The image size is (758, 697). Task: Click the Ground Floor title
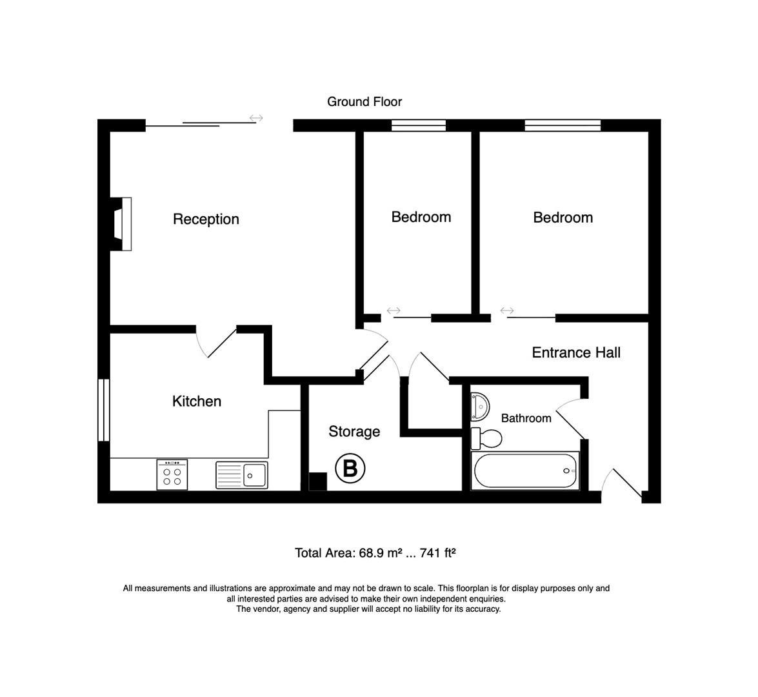click(364, 102)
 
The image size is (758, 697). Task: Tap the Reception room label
click(206, 219)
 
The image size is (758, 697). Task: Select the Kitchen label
click(197, 401)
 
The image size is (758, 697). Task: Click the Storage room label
click(354, 432)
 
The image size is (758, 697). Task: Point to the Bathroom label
click(526, 418)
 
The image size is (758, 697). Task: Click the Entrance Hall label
click(575, 352)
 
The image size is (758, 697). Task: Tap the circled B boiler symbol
click(350, 468)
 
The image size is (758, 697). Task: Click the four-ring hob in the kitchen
click(172, 474)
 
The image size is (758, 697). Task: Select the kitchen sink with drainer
click(242, 475)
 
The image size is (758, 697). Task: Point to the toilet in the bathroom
click(487, 439)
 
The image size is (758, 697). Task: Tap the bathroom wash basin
click(479, 405)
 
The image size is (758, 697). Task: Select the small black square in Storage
click(318, 482)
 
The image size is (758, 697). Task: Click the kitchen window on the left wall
click(103, 410)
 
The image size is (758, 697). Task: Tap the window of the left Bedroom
click(418, 126)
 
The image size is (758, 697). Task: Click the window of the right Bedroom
click(563, 126)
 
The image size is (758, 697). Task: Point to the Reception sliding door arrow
click(256, 118)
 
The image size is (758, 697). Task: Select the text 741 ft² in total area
click(438, 553)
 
